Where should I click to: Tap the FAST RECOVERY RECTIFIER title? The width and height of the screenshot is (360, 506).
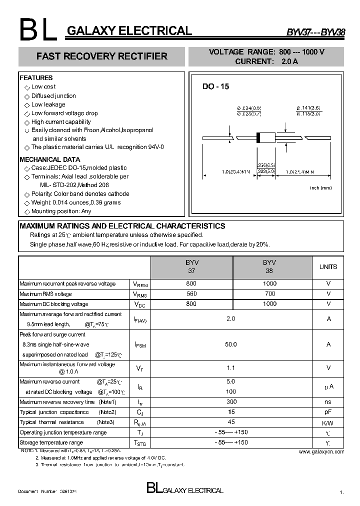[x=101, y=56]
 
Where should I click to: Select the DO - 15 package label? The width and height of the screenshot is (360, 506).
[x=215, y=86]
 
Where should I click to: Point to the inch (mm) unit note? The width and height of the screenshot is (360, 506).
[x=320, y=187]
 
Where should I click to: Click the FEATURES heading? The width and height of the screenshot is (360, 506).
[x=36, y=78]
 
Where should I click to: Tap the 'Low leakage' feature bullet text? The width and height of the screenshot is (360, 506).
[x=48, y=104]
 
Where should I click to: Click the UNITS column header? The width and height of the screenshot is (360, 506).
[x=328, y=267]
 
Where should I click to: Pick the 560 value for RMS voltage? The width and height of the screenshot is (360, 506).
[x=191, y=294]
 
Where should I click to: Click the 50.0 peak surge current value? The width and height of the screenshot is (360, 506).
[x=231, y=344]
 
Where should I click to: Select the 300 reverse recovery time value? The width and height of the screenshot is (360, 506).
[x=231, y=402]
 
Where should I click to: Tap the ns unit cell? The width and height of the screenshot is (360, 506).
[x=328, y=402]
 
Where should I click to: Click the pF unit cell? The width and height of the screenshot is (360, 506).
[x=328, y=412]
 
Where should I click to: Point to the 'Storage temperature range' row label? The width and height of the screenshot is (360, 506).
[x=51, y=442]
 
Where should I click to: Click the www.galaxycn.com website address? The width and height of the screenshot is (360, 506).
[x=321, y=451]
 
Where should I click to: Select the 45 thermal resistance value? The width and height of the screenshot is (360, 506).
[x=231, y=422]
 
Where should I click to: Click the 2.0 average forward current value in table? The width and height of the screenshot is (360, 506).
[x=231, y=318]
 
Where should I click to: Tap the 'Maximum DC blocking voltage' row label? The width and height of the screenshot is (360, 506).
[x=54, y=304]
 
